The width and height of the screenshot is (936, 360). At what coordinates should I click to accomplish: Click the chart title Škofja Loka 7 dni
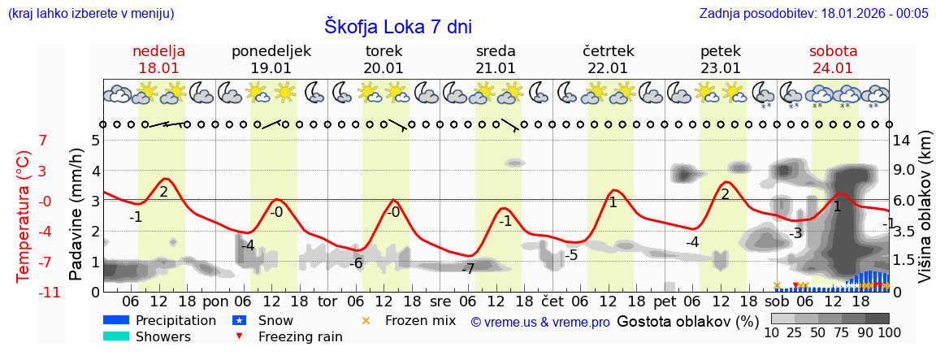tap(397, 26)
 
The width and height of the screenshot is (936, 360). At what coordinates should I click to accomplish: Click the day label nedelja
tap(159, 51)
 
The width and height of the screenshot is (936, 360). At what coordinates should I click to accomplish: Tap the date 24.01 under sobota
tap(833, 68)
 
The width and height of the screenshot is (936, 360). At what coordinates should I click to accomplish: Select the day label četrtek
tap(609, 51)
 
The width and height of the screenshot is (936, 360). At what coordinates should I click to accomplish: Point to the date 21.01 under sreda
tap(496, 68)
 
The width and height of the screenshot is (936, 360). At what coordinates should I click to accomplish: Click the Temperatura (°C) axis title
tap(24, 216)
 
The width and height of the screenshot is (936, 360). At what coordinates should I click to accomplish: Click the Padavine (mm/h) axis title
tap(76, 215)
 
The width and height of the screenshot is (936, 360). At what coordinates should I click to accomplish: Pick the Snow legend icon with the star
tap(240, 320)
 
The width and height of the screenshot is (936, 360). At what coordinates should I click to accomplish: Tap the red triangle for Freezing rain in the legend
tap(240, 336)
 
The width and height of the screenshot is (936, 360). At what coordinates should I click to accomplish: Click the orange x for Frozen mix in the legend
tap(366, 320)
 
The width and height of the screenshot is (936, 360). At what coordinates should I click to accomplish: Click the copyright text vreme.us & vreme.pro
tap(540, 323)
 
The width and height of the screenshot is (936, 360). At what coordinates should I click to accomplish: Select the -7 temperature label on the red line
tap(468, 269)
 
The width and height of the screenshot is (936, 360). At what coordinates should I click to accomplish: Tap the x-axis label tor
tap(327, 301)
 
